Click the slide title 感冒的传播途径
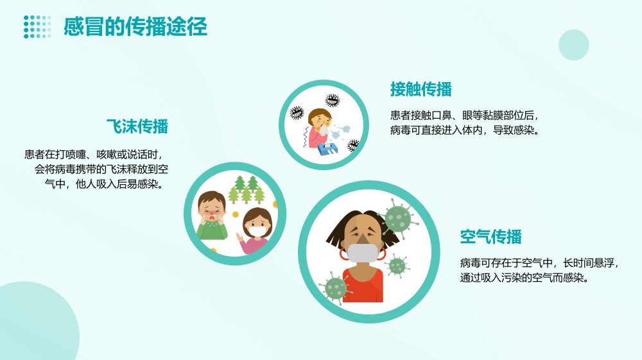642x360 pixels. (135, 27)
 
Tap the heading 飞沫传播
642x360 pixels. (137, 126)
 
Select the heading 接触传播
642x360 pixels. (421, 89)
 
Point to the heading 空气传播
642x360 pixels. (491, 236)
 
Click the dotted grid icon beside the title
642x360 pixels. (37, 27)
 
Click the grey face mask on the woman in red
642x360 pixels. (362, 253)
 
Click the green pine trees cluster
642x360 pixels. (247, 189)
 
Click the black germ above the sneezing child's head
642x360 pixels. (333, 100)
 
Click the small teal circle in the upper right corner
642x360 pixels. (573, 45)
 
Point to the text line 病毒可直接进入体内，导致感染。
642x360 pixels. (465, 130)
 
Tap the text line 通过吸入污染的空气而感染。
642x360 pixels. (526, 278)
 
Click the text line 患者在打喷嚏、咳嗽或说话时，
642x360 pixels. (96, 154)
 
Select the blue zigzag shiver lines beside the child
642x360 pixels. (306, 137)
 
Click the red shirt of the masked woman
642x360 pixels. (363, 285)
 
